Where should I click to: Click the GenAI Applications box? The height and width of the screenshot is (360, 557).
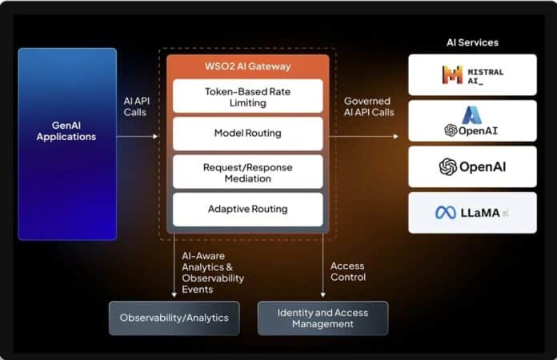[x=67, y=144]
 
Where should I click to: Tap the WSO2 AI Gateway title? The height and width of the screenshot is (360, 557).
[x=247, y=66]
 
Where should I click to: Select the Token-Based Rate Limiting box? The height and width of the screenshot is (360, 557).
[x=247, y=97]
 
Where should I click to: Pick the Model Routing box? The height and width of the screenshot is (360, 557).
[x=247, y=134]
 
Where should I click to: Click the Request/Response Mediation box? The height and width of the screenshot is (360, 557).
[x=247, y=172]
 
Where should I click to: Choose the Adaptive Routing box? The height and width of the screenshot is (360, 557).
[x=247, y=210]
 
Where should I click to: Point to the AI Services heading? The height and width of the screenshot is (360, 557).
[x=471, y=42]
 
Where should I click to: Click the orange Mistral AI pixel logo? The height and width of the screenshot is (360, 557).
[x=452, y=75]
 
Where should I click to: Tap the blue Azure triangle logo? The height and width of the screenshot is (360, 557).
[x=471, y=115]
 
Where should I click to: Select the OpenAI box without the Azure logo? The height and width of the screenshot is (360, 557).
[x=472, y=166]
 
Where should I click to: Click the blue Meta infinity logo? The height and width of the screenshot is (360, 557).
[x=445, y=213]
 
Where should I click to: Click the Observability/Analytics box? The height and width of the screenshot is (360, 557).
[x=174, y=318]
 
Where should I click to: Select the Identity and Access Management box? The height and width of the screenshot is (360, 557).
[x=323, y=318]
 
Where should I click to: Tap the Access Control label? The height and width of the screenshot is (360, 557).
[x=347, y=271]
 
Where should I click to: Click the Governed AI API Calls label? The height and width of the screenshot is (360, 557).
[x=368, y=106]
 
